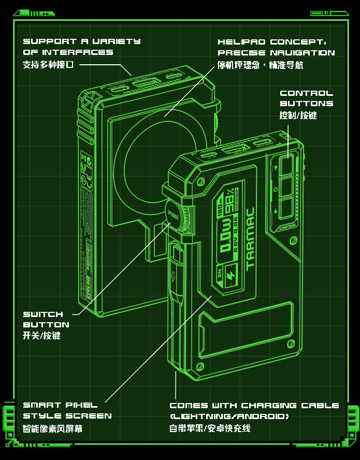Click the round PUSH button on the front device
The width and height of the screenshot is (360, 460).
click(x=172, y=213)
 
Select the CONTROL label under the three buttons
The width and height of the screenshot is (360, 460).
click(x=287, y=227)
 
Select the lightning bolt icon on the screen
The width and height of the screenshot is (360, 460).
click(x=229, y=275)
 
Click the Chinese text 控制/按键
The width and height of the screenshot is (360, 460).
click(x=298, y=115)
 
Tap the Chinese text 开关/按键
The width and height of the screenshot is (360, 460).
click(x=41, y=336)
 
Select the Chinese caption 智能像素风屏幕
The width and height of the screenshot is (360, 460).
click(x=52, y=428)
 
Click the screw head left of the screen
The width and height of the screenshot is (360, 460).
click(x=199, y=181)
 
